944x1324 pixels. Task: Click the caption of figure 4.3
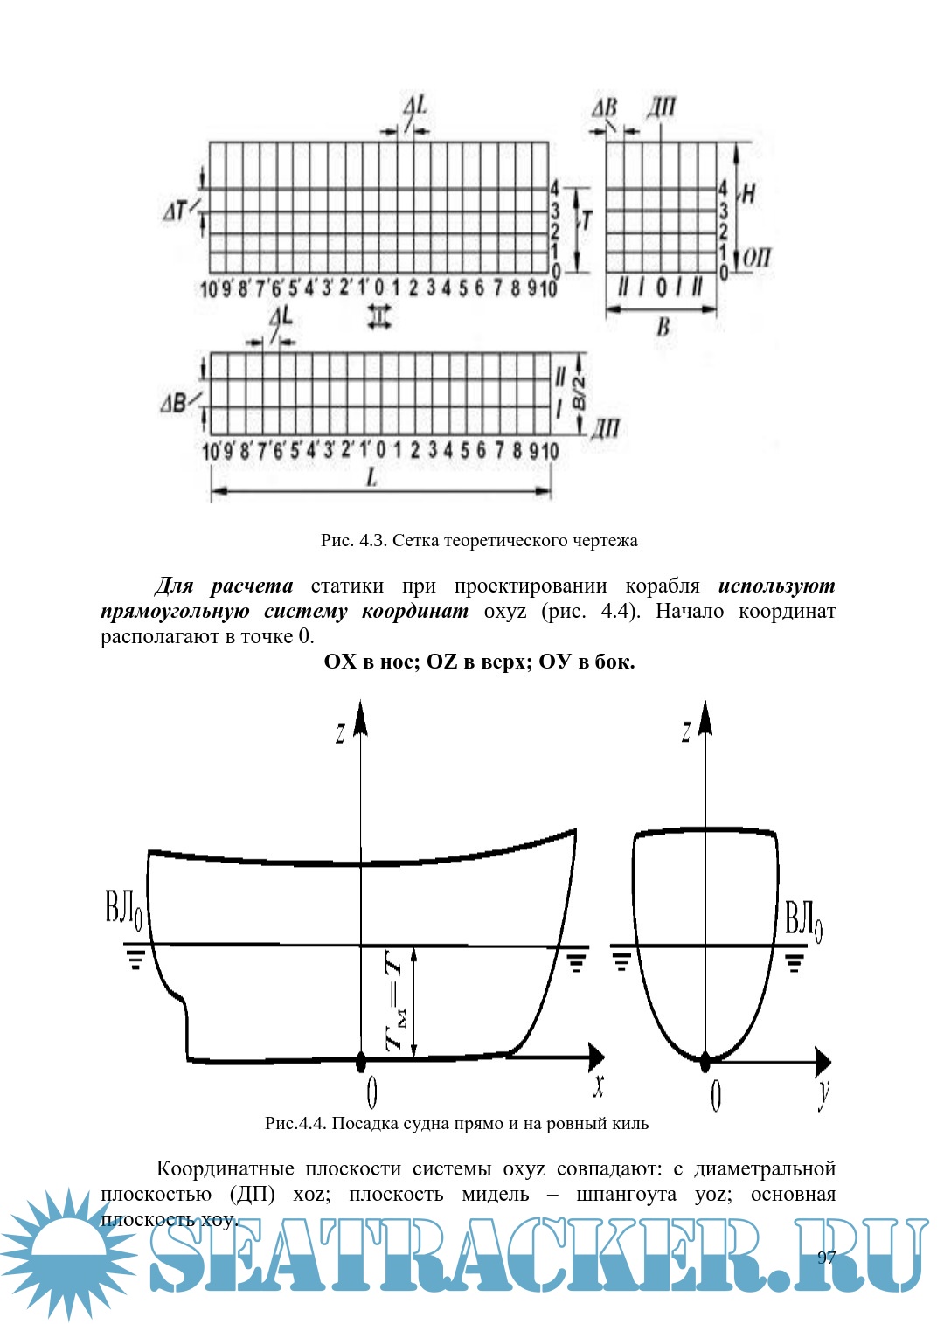point(479,541)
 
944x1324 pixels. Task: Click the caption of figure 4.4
point(456,1124)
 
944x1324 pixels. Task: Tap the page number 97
point(826,1258)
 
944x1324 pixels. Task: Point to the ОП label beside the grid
point(756,258)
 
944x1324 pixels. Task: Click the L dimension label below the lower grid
point(371,478)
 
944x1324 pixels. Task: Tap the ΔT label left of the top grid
point(176,211)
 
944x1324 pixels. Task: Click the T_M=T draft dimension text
point(396,1001)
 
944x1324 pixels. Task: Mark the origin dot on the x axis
point(361,1061)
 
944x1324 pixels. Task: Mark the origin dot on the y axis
point(705,1062)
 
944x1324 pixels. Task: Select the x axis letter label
point(599,1085)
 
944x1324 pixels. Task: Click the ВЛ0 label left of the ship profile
point(123,911)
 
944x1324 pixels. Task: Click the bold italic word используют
point(776,586)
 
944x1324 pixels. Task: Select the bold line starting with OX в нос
point(479,662)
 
